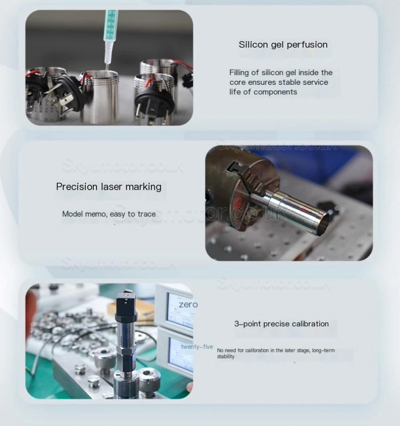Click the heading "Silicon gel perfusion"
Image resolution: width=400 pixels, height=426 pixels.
[283, 44]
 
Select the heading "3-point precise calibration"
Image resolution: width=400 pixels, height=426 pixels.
[281, 324]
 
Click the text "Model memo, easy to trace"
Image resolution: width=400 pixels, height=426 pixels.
[109, 214]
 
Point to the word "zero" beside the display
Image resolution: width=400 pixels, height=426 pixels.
[188, 304]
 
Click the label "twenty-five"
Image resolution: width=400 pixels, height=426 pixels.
[197, 347]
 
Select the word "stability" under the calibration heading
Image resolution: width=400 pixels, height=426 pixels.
[225, 357]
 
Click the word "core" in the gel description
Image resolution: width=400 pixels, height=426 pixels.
[238, 82]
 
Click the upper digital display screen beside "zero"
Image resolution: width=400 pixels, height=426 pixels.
[180, 311]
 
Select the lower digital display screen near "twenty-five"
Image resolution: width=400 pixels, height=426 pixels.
[181, 355]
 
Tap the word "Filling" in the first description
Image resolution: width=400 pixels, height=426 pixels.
[239, 73]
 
